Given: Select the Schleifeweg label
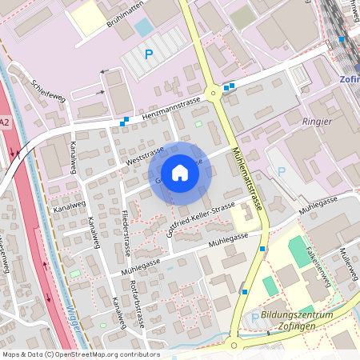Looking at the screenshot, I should (x=47, y=89).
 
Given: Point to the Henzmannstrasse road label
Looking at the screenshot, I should (x=170, y=110).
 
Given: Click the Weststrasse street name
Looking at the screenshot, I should (x=145, y=155).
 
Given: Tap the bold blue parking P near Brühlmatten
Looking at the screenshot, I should (x=148, y=54).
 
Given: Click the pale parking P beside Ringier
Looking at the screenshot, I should (x=281, y=170).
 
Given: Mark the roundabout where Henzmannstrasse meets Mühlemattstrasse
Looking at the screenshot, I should (x=213, y=94).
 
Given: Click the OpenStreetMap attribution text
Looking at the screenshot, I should (x=80, y=354).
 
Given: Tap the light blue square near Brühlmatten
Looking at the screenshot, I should (x=143, y=27).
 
